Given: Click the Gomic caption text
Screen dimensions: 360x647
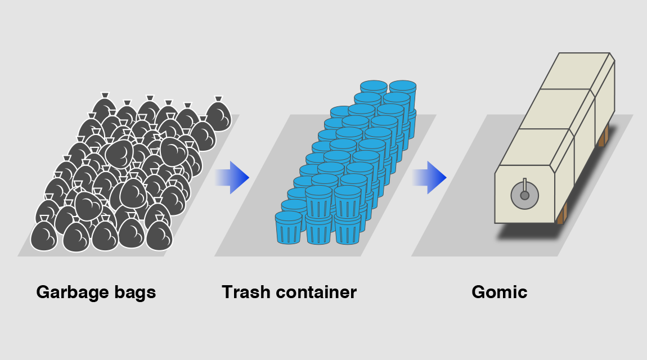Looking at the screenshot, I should click(500, 292).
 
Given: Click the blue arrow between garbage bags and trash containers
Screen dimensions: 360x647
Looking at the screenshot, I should click(233, 178).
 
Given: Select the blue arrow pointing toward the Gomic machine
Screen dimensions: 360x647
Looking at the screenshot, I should click(430, 178).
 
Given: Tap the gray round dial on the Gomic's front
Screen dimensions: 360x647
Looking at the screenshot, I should click(524, 196).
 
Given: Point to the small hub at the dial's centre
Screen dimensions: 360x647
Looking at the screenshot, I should click(524, 196).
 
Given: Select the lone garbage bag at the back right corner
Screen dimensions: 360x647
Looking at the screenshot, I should click(218, 116).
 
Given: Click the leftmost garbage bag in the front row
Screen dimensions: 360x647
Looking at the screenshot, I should click(44, 236).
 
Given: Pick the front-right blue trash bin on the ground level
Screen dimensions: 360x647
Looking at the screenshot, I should click(347, 229).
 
